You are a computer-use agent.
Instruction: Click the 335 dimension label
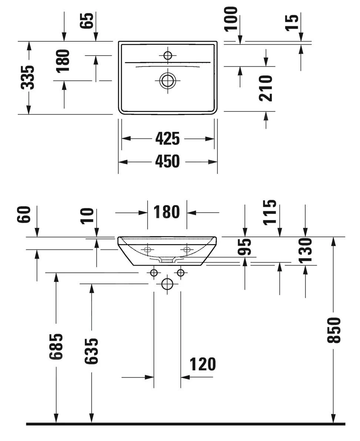(x=28, y=77)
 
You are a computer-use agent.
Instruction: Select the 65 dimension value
(x=87, y=20)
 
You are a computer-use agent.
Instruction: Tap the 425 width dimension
(x=167, y=139)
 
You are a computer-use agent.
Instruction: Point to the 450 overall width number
(x=167, y=162)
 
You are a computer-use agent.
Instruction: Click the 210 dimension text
(x=266, y=88)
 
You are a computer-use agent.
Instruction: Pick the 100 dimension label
(x=231, y=18)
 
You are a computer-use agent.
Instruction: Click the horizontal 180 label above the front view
(x=167, y=212)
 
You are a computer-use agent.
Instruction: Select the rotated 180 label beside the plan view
(x=63, y=60)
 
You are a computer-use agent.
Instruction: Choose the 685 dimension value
(x=56, y=346)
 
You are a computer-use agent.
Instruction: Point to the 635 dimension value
(x=91, y=351)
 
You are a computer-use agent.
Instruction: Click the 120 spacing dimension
(x=203, y=364)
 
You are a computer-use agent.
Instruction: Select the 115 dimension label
(x=270, y=212)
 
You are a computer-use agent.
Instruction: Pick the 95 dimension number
(x=244, y=248)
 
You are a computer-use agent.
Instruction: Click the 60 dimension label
(x=24, y=215)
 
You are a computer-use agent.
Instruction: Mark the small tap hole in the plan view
(x=168, y=55)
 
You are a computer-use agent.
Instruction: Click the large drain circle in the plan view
(x=168, y=80)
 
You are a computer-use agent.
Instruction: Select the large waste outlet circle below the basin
(x=167, y=284)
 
